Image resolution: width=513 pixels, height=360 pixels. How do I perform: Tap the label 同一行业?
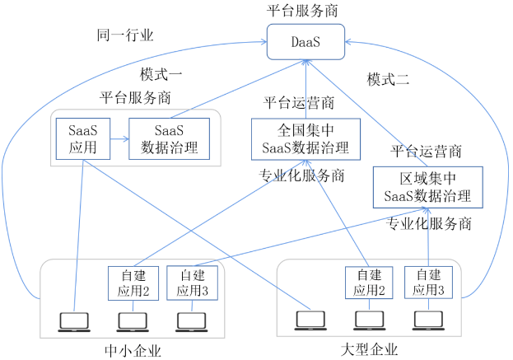click(125, 35)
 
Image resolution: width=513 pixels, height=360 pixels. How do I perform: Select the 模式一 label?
click(161, 72)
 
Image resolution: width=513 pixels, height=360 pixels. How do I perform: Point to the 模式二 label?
click(388, 80)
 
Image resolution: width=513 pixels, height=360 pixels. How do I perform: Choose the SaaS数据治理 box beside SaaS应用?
click(170, 139)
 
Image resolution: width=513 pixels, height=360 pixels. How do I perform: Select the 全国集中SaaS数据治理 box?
click(305, 138)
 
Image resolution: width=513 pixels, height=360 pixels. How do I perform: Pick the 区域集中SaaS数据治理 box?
click(427, 186)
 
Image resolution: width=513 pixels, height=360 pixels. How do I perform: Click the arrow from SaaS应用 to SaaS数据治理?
click(118, 139)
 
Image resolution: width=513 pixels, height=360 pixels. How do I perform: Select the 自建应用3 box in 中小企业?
click(191, 283)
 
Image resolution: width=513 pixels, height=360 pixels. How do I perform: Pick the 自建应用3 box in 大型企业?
click(428, 283)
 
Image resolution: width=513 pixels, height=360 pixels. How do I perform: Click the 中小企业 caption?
click(134, 351)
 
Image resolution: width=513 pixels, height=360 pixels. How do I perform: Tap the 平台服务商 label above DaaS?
click(306, 11)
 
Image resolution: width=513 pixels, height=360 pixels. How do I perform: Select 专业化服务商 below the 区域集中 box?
click(429, 223)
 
